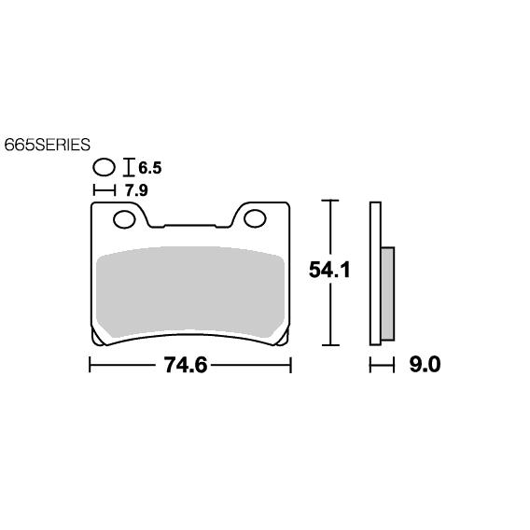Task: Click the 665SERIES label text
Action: (47, 145)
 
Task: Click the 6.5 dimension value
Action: (150, 169)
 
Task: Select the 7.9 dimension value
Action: (137, 189)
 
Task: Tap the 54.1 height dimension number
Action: (330, 271)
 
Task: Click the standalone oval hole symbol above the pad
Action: (105, 169)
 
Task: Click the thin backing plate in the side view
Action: (375, 271)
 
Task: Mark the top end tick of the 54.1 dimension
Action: (328, 200)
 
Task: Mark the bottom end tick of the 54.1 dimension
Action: (328, 343)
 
